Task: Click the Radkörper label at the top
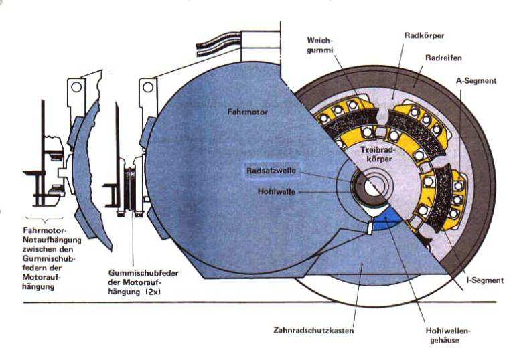click(423, 35)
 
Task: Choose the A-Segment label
click(476, 80)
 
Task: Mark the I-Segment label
click(484, 280)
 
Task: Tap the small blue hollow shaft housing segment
click(384, 220)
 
